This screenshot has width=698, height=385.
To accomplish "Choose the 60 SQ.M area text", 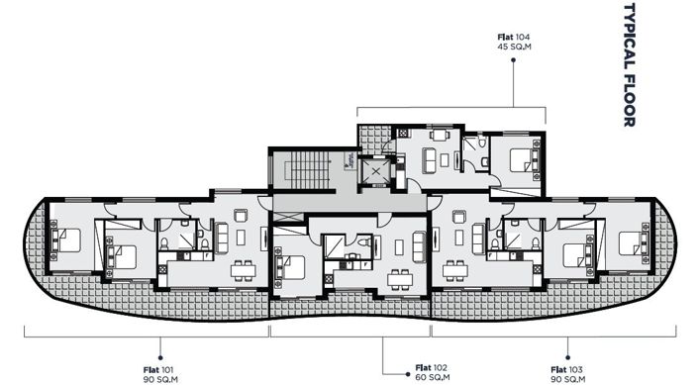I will (428, 376).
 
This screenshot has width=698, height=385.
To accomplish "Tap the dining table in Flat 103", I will (456, 270).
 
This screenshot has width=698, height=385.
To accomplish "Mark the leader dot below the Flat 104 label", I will (514, 59).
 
